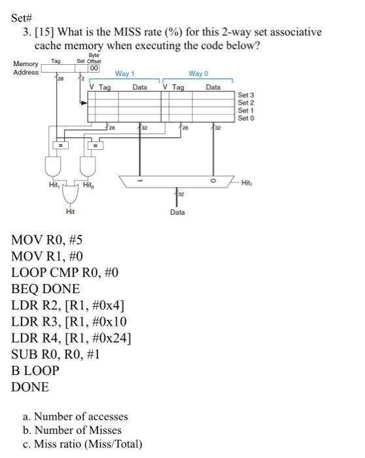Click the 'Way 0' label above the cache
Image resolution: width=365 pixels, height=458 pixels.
(196, 75)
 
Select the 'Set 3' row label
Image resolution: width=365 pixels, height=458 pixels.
(246, 96)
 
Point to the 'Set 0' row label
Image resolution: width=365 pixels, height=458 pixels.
(246, 118)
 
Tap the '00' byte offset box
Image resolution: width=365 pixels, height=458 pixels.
(94, 68)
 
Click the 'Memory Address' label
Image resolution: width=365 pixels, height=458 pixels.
(26, 67)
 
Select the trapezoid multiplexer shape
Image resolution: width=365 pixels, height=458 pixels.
(178, 181)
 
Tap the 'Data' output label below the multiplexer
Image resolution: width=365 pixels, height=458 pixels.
(177, 213)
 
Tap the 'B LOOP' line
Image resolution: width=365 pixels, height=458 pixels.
(35, 370)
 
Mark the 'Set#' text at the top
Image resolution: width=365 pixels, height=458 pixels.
(23, 18)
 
